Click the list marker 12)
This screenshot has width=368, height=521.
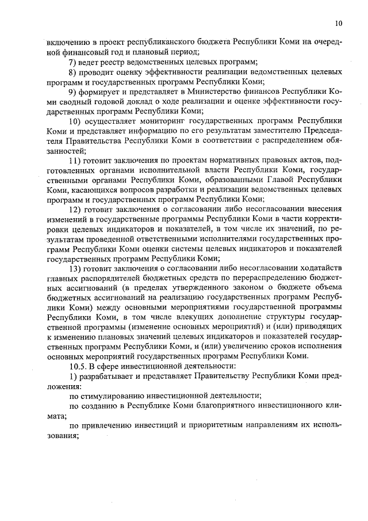click(76, 209)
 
